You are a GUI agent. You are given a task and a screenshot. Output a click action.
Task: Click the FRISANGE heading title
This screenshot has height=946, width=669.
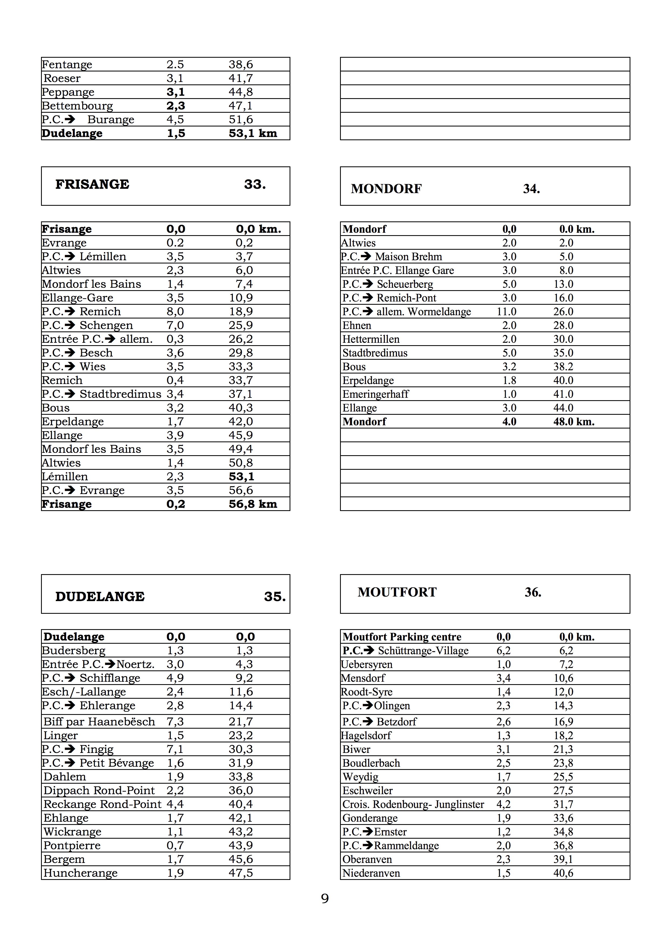[92, 184]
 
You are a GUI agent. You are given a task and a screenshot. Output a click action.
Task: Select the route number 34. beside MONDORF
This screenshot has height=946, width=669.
[531, 189]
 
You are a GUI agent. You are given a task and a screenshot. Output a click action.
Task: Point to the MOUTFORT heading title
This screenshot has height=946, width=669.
[397, 592]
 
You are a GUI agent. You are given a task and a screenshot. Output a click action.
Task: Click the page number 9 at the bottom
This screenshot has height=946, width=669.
[325, 899]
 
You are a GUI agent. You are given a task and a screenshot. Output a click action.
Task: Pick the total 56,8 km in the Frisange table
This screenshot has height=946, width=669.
[253, 504]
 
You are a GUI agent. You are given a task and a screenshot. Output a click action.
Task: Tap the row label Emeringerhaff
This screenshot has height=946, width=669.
[375, 394]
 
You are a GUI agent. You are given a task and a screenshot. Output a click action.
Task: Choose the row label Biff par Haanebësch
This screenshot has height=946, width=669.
[99, 722]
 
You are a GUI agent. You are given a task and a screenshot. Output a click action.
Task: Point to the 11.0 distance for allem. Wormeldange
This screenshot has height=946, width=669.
[506, 312]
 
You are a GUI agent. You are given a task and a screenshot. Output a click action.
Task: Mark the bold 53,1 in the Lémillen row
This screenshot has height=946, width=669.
[241, 477]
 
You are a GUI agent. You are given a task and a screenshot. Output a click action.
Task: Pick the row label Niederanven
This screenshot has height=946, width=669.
[371, 873]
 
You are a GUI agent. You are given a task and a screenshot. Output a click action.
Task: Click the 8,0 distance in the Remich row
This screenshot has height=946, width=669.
[175, 312]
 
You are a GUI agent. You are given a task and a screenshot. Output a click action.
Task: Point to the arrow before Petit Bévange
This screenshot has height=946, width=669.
[70, 763]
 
